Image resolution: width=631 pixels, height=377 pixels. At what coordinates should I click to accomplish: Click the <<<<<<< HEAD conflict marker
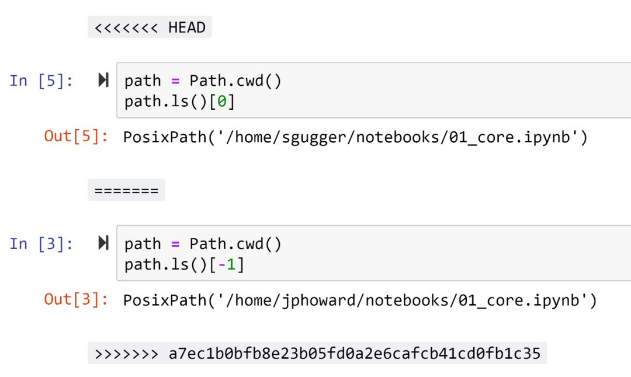coord(150,27)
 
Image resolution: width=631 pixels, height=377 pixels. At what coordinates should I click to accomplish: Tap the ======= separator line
coord(126,190)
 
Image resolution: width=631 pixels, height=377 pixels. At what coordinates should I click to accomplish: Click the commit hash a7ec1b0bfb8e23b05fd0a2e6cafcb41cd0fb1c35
coord(355,353)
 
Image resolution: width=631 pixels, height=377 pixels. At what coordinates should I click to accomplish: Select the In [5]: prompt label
coord(41,81)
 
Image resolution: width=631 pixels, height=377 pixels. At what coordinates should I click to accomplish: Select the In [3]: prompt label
coord(41,243)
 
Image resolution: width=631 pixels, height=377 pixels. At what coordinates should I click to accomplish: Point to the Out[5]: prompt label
coord(76,137)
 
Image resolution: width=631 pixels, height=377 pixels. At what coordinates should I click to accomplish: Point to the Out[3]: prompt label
coord(76,299)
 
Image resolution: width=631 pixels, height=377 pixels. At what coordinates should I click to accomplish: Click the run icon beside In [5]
coord(103,81)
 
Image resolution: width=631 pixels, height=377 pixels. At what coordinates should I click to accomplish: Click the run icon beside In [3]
coord(103,243)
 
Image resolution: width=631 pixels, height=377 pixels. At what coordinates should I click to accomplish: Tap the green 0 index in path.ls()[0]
coord(222,102)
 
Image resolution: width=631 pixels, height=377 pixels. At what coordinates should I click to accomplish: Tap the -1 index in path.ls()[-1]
coord(227,264)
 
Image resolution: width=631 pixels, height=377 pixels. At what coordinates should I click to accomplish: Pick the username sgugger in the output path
coord(316,137)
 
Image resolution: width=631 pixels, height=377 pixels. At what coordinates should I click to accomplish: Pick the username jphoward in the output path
coord(321,300)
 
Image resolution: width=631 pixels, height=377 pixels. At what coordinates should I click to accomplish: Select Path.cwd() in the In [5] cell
coord(235,81)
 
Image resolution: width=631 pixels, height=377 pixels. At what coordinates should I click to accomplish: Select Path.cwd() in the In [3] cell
coord(235,243)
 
